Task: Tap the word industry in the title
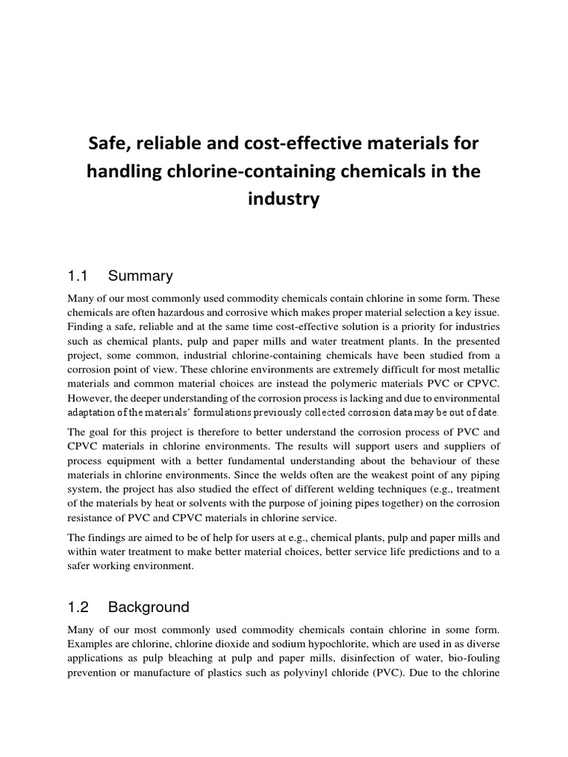pyautogui.click(x=284, y=200)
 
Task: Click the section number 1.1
pyautogui.click(x=78, y=276)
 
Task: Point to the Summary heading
pyautogui.click(x=141, y=276)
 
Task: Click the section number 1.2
pyautogui.click(x=78, y=608)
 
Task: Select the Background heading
pyautogui.click(x=149, y=608)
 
